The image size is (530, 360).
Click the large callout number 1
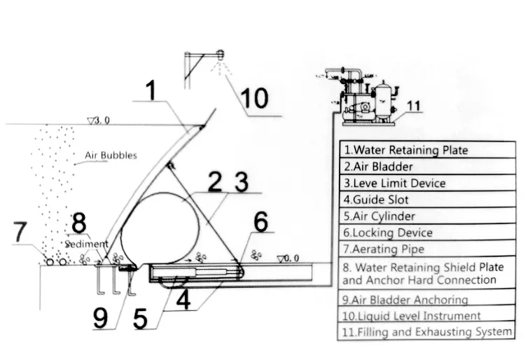coord(151,90)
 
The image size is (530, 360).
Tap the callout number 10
coord(254,97)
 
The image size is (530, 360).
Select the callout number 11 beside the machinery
coord(413,106)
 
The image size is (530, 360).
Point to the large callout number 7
coord(20,232)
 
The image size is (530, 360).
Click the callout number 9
coord(100,318)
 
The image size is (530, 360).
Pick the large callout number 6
coord(261,222)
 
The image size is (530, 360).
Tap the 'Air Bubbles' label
coord(111,155)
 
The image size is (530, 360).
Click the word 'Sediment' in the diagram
coord(87,244)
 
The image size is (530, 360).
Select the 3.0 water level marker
coord(99,120)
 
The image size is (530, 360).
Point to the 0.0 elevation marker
coord(288,258)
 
